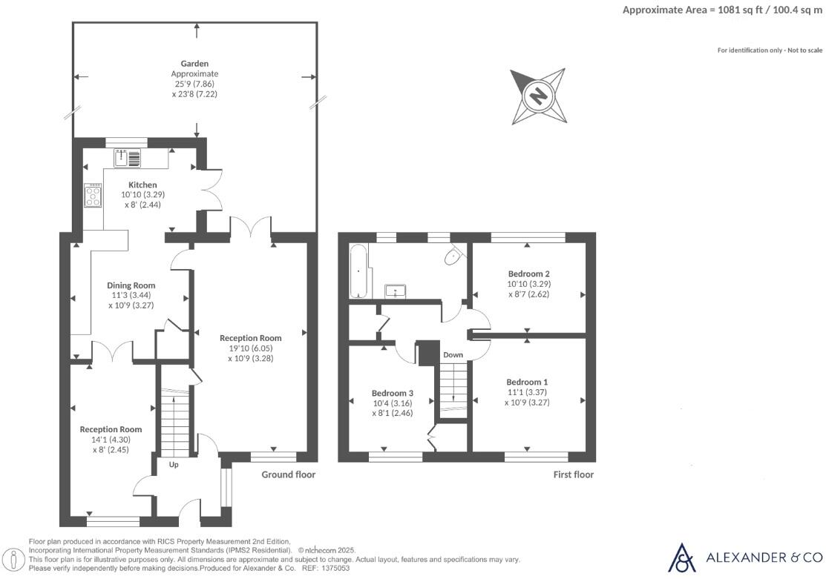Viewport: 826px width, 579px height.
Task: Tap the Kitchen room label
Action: tap(142, 184)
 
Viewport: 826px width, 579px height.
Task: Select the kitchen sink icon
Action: tap(128, 157)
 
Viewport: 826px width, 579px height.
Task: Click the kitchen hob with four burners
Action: tap(94, 196)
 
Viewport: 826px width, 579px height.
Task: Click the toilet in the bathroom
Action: tap(452, 257)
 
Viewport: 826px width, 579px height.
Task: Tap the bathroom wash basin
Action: tap(396, 290)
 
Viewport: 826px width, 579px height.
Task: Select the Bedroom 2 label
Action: tap(528, 272)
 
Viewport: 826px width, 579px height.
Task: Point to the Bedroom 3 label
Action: tap(392, 393)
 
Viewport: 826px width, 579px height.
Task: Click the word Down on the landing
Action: tap(453, 355)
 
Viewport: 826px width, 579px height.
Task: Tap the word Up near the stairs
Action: tap(174, 465)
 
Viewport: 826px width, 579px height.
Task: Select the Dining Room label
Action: tap(131, 285)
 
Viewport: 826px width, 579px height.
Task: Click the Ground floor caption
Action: tap(289, 474)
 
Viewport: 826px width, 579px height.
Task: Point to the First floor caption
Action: tap(574, 474)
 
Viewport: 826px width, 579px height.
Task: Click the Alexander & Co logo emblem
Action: tap(682, 558)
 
